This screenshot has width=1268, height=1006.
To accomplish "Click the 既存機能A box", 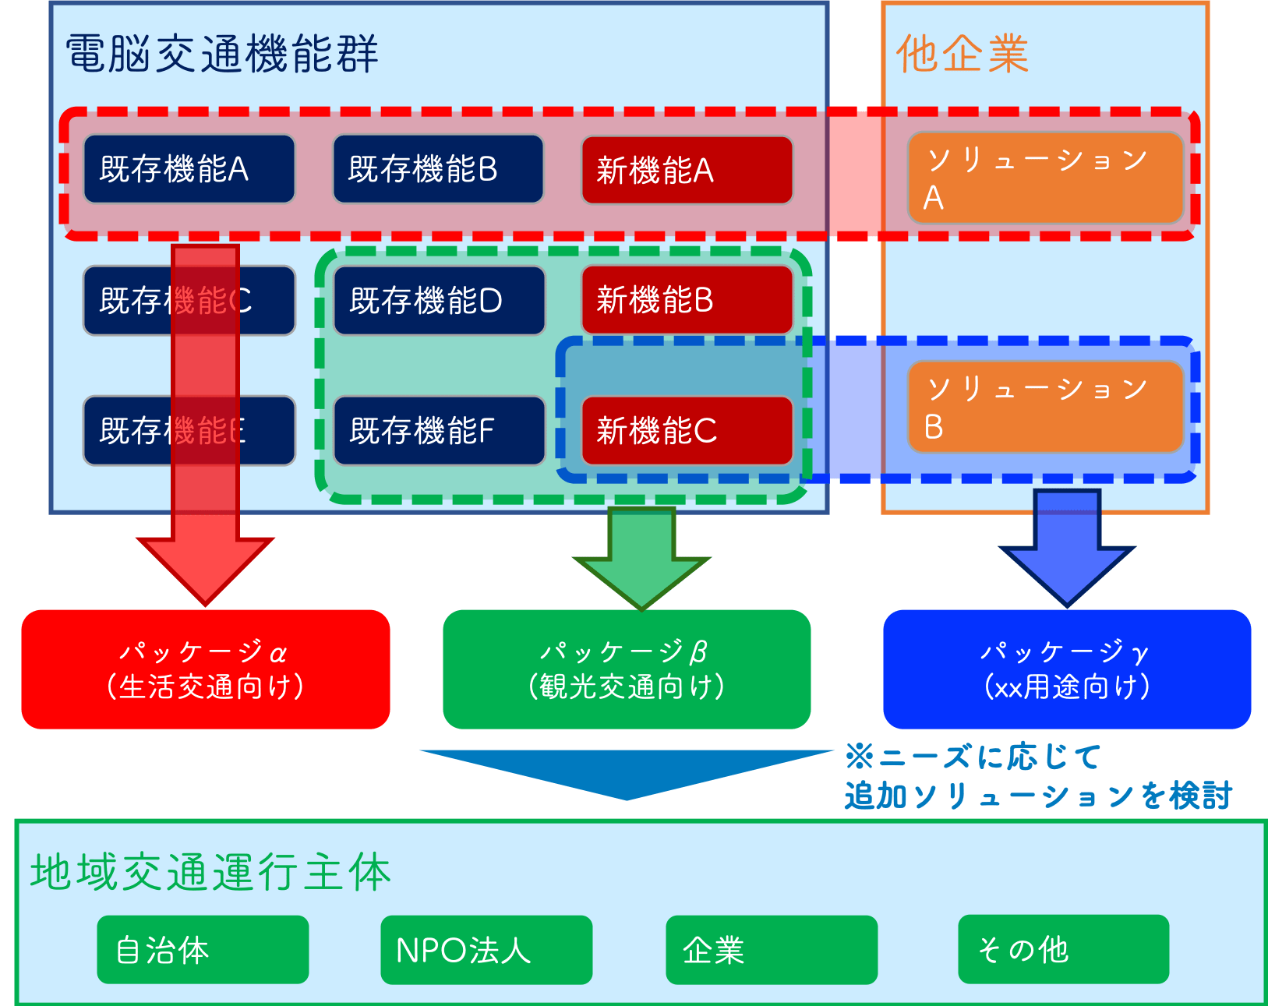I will (189, 169).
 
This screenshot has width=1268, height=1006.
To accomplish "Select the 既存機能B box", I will (438, 169).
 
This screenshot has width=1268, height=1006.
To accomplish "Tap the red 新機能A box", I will (687, 170).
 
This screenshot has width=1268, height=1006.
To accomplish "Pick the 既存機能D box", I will (439, 300).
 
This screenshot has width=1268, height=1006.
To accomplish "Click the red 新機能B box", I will (687, 300).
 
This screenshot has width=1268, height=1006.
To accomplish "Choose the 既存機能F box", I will (439, 430).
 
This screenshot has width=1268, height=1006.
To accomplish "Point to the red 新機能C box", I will (687, 430).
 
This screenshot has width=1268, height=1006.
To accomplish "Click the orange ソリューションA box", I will (1045, 178).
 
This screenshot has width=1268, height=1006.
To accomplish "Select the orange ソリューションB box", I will (1045, 406).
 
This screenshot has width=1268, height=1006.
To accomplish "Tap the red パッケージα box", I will (206, 669).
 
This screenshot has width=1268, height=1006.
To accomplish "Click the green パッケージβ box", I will (627, 669).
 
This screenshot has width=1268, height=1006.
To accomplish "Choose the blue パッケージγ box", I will (1066, 669).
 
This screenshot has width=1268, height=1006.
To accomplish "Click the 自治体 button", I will (203, 949).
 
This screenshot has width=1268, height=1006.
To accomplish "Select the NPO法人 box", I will (486, 949).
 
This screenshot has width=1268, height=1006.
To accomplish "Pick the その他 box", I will (1063, 949).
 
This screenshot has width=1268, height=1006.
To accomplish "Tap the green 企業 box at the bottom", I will (772, 949).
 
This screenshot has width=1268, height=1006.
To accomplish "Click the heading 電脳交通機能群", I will (222, 54).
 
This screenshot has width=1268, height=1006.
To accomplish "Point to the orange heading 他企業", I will (962, 54).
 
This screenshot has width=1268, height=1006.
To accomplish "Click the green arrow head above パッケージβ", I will (641, 581).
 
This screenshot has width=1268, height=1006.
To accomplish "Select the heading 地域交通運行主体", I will (210, 872).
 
